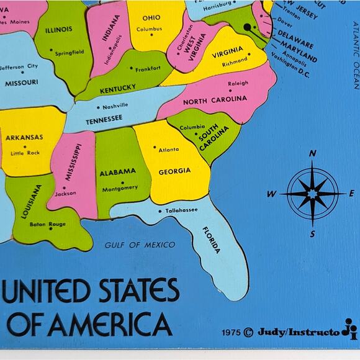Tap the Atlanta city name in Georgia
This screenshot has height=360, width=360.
(168, 150)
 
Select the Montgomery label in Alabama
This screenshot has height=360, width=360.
(120, 188)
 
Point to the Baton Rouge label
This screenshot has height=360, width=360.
(48, 224)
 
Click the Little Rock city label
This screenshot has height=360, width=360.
(25, 153)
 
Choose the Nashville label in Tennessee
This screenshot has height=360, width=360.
(115, 106)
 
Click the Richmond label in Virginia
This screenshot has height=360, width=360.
(235, 62)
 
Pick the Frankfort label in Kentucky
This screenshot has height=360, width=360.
(148, 69)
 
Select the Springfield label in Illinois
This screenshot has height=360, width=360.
(69, 53)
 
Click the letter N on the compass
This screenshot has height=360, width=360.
(313, 153)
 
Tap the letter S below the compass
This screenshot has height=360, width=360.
(313, 234)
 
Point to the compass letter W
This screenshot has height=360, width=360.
(272, 194)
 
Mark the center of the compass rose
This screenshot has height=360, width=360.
(313, 194)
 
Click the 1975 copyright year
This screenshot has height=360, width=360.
(232, 332)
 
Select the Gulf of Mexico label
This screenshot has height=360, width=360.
(140, 245)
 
